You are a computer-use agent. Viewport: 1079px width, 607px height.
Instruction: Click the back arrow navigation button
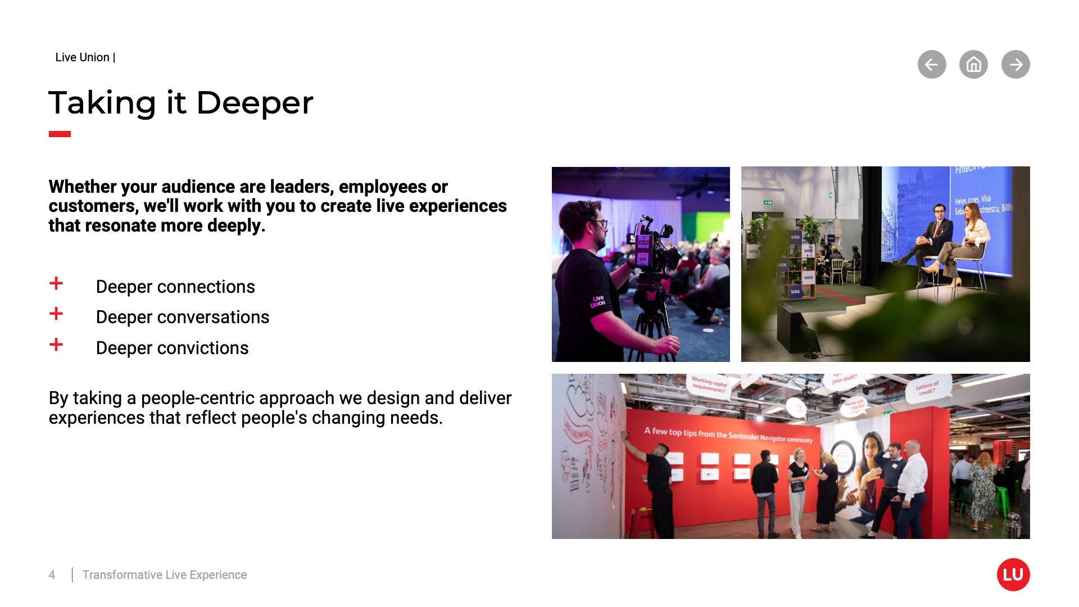[x=932, y=65]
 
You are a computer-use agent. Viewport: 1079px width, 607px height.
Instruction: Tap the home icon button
[x=973, y=65]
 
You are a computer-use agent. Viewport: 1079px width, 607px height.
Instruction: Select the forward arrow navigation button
[x=1015, y=65]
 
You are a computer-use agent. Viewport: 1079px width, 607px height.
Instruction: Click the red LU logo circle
[x=1013, y=574]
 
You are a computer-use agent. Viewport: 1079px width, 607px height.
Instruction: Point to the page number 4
[x=52, y=575]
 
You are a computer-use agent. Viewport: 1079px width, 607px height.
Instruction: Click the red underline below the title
[x=60, y=134]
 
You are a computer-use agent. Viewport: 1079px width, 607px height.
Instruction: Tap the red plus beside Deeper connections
[x=56, y=283]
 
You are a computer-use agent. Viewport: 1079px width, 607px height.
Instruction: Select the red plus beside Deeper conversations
[x=56, y=314]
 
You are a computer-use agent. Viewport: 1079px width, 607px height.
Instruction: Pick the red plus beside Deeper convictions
[x=56, y=345]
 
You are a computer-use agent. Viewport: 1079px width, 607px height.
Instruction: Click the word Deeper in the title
[x=254, y=103]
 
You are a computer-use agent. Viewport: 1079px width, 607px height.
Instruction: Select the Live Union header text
[x=83, y=57]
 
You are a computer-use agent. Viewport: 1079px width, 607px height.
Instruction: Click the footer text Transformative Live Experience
[x=164, y=575]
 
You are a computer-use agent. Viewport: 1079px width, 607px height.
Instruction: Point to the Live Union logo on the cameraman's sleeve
[x=597, y=302]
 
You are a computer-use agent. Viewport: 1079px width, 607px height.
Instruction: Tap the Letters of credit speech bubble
[x=927, y=388]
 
